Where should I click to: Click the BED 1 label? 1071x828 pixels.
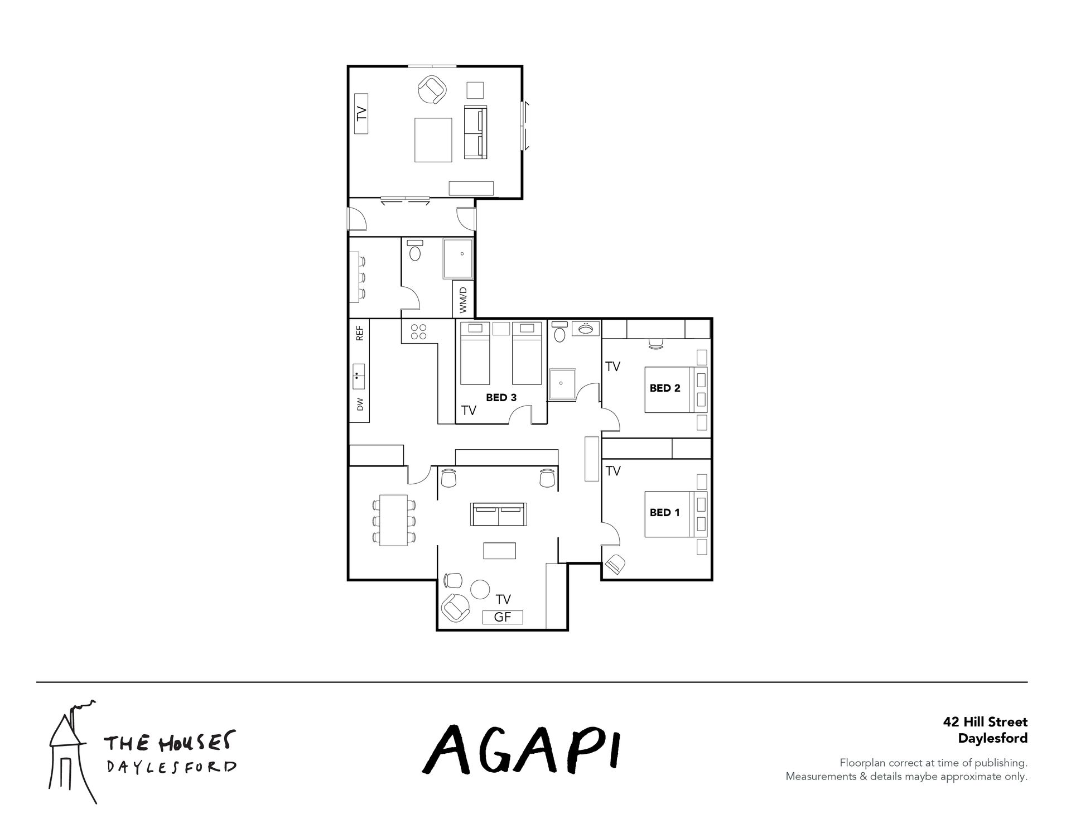point(664,512)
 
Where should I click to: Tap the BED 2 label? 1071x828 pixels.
point(665,388)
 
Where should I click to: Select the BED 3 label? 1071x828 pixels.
point(501,398)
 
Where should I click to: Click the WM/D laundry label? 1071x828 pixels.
point(463,300)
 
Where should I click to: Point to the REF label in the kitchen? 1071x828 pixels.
point(360,333)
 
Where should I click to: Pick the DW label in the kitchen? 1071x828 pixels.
point(360,404)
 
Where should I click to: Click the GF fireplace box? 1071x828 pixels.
point(503,617)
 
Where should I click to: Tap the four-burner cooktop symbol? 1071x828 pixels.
point(418,332)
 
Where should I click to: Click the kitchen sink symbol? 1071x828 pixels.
point(359,377)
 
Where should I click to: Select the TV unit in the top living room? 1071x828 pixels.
point(361,114)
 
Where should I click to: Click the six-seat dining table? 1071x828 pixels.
point(394,520)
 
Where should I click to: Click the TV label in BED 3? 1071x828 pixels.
point(469,411)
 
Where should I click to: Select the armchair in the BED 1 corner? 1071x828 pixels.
point(616,564)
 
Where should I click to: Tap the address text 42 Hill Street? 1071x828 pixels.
point(985,722)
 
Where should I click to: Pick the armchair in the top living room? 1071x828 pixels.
point(432,89)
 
